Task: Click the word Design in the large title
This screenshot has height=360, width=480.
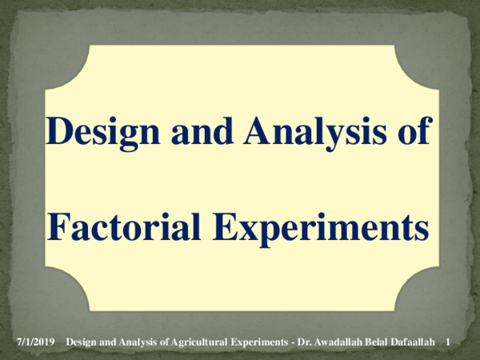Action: point(103,133)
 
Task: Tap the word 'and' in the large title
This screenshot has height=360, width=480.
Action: point(202,130)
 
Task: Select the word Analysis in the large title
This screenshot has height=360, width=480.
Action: point(315,133)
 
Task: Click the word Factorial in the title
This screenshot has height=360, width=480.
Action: point(124,226)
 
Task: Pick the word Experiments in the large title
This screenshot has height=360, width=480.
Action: point(321,229)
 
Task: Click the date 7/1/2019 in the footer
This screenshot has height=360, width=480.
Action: point(35,342)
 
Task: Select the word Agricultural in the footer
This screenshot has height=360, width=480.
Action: point(199,342)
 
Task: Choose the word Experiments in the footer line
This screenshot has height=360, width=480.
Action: point(259,342)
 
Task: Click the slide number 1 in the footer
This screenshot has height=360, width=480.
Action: point(447,342)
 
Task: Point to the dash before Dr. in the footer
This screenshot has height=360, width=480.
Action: point(293,343)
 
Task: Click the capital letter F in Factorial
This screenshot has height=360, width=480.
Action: point(59,226)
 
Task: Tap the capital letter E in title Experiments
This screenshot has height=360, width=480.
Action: point(225,226)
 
